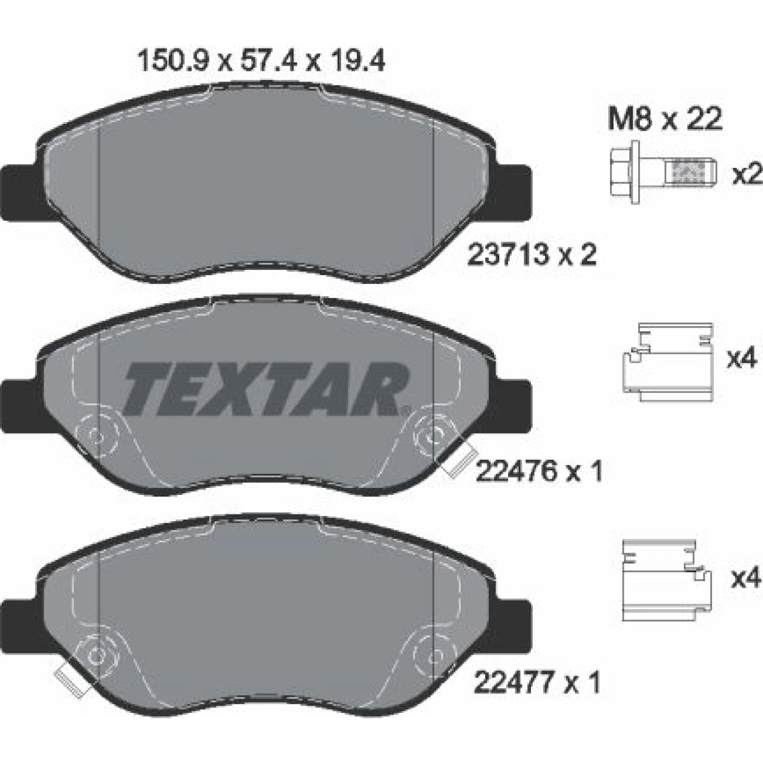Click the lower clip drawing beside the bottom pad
coord(667,580)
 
